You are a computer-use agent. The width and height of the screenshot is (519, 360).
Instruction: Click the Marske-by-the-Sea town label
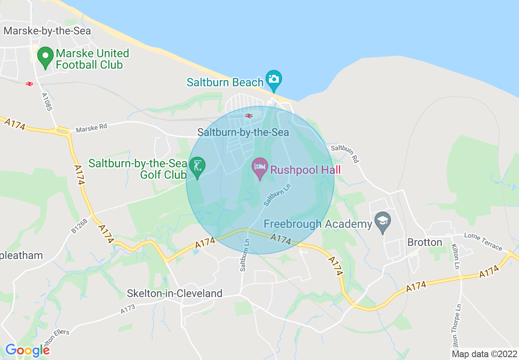[47, 31]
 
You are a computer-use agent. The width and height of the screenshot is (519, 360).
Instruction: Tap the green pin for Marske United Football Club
[45, 57]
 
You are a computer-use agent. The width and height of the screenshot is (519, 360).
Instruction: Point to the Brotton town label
[424, 242]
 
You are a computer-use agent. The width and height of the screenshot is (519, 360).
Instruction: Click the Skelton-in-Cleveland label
[175, 293]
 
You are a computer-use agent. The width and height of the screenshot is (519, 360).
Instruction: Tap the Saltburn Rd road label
[345, 153]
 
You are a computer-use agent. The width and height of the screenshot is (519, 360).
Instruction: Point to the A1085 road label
[47, 102]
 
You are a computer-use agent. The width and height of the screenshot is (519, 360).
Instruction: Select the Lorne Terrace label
[483, 241]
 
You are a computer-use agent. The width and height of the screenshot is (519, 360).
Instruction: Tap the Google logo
[27, 350]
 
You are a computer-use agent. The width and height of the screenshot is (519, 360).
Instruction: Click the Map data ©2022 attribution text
[484, 354]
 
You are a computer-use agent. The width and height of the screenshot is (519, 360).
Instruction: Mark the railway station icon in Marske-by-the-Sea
[29, 83]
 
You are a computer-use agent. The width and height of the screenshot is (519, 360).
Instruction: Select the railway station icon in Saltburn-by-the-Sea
[249, 116]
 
